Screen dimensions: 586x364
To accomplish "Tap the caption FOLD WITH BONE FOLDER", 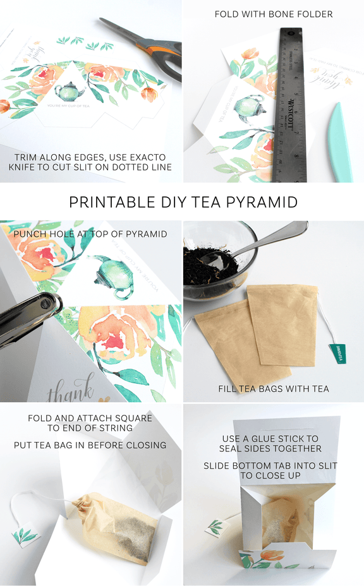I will click(x=273, y=14).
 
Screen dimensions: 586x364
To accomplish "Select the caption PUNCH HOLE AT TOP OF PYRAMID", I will click(x=90, y=234).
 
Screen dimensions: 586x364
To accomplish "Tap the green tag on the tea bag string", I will click(x=337, y=354).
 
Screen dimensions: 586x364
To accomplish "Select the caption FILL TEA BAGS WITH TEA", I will click(x=273, y=389).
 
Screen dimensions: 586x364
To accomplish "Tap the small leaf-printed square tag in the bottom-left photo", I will click(x=25, y=536).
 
